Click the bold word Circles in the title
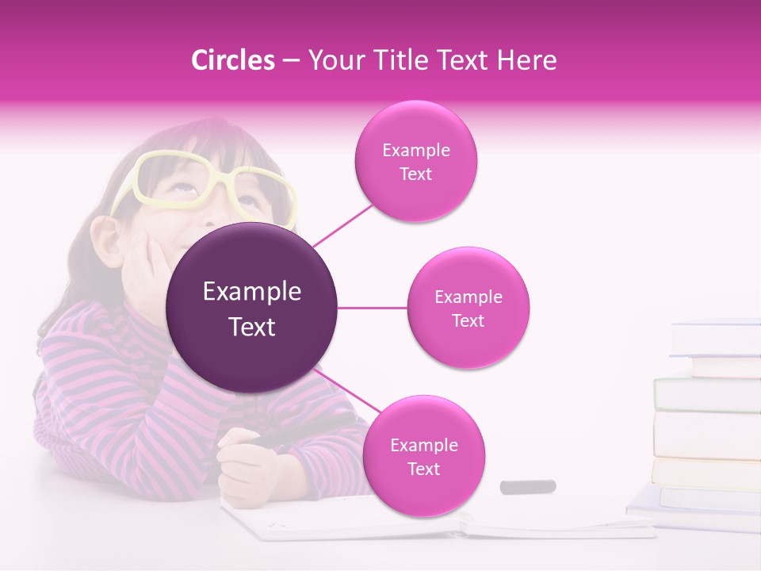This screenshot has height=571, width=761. tap(232, 60)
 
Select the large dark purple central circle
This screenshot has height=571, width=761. tap(252, 308)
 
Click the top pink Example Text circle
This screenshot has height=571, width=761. tap(415, 161)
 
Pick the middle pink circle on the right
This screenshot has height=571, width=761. tap(468, 308)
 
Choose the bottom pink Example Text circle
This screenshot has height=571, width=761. tap(423, 456)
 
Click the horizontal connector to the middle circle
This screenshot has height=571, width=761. tap(373, 308)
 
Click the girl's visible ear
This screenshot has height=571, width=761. tap(105, 238)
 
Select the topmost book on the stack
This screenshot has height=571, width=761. tap(715, 338)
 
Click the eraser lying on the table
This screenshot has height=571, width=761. tap(528, 486)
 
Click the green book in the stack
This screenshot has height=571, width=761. tap(706, 394)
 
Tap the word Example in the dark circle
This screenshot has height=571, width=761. tap(252, 292)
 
